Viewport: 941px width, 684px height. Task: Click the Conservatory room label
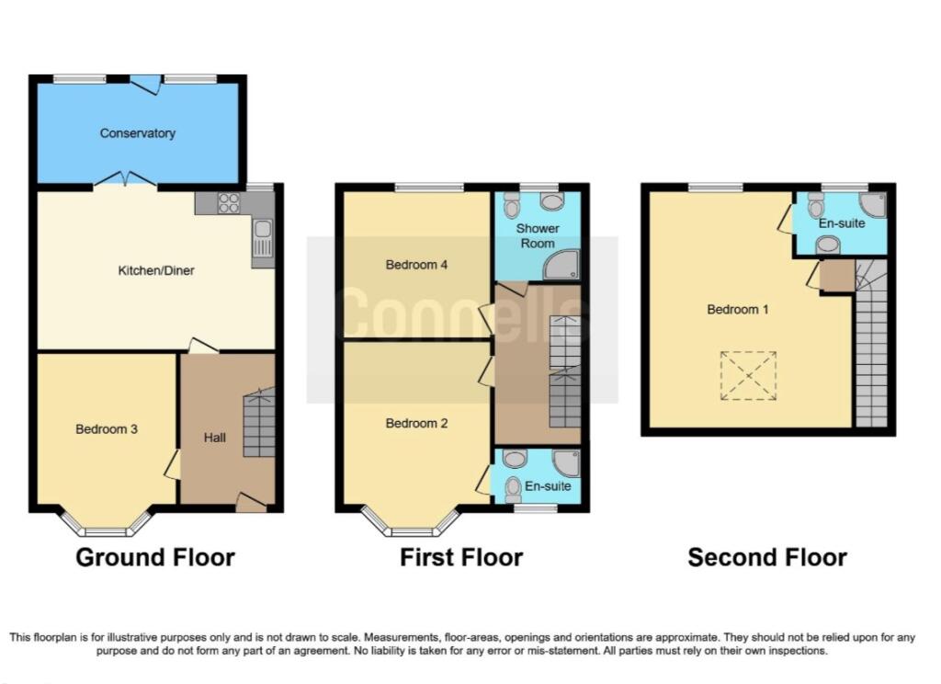(138, 133)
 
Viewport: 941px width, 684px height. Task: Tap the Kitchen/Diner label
(156, 271)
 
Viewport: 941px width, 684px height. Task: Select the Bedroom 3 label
(107, 428)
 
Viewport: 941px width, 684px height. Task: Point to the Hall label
(214, 438)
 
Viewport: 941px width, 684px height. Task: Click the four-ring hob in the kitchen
(229, 203)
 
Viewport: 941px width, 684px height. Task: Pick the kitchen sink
(263, 238)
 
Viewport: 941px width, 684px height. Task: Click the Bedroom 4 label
(416, 265)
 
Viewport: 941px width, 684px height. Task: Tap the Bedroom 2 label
(416, 424)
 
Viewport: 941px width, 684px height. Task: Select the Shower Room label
(537, 236)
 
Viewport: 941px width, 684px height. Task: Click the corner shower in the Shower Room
(562, 265)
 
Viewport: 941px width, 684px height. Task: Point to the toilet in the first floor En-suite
(513, 490)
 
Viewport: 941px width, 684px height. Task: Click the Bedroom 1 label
(738, 310)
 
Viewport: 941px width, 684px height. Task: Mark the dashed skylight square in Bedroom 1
(748, 376)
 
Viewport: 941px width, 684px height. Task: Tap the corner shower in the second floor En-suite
(872, 205)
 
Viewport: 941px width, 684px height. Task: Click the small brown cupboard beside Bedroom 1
(836, 276)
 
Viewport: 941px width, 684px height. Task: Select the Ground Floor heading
(155, 558)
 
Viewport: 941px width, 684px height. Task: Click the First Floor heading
(461, 558)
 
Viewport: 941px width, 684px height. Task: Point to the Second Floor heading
(767, 558)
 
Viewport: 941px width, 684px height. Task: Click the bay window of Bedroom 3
(106, 523)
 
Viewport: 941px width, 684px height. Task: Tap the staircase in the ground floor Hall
(259, 423)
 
